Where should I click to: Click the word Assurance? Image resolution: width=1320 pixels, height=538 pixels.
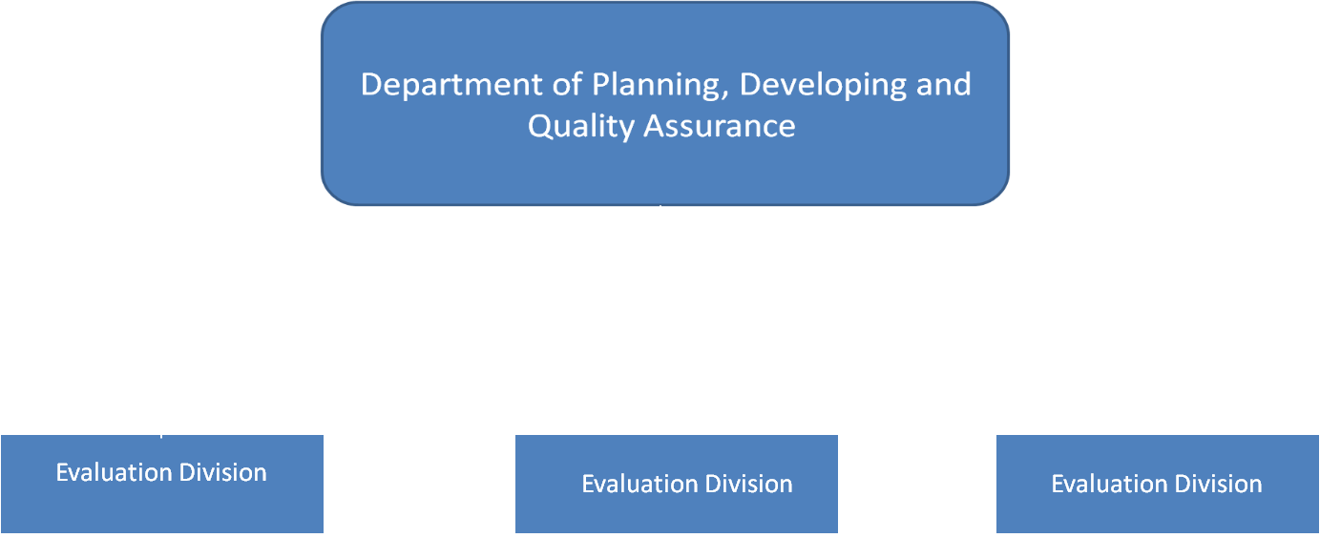720,126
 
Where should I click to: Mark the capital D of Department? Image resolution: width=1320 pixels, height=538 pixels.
372,84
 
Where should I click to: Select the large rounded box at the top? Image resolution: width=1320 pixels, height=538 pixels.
664,104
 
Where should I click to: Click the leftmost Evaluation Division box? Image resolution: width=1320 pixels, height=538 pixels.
162,484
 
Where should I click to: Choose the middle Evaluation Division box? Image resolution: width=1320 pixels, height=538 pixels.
677,484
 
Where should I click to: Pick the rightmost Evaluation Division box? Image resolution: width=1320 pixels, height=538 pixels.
1158,484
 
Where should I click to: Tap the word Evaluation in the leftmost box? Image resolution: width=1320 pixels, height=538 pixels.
113,472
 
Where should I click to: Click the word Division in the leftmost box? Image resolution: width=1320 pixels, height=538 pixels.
222,472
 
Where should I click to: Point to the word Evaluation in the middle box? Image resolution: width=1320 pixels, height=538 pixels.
639,484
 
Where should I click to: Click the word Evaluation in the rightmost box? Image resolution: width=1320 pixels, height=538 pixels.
1108,484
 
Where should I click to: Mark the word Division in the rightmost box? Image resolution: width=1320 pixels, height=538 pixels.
1219,484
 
